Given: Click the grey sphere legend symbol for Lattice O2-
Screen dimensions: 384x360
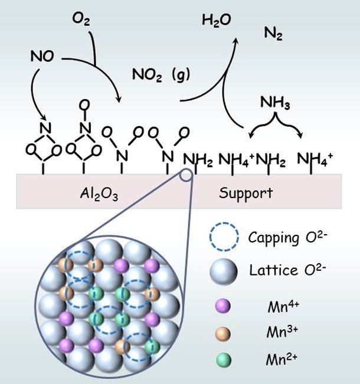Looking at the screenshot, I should coord(224,271).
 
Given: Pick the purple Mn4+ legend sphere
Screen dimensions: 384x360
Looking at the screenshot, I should coord(224,306).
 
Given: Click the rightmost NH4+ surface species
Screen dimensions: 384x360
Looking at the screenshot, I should coord(313,159).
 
